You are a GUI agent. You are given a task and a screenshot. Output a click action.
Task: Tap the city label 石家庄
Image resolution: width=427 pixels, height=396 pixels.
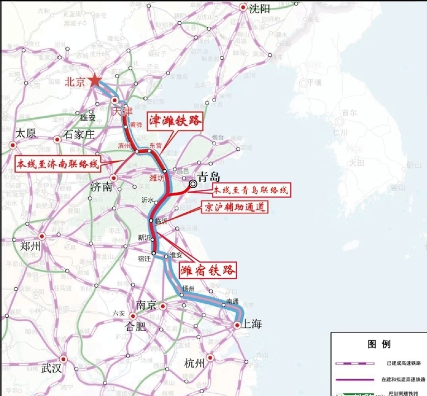(80, 134)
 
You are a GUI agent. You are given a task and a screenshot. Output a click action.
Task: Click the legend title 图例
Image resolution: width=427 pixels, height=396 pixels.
(378, 343)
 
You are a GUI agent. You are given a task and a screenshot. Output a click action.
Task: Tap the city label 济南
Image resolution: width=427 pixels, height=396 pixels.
(100, 188)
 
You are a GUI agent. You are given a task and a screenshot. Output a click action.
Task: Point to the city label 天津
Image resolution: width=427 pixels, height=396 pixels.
(124, 112)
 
